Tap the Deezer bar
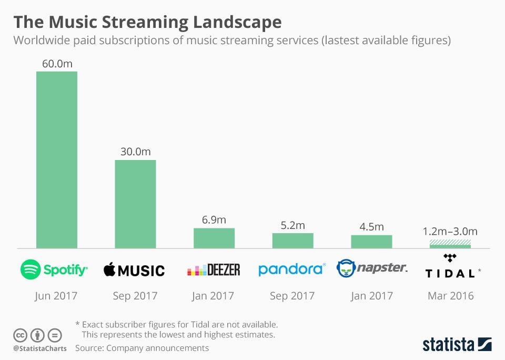[214, 238]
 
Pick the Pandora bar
[292, 241]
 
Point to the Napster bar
[371, 242]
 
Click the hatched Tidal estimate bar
[450, 243]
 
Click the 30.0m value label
[135, 152]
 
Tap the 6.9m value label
[214, 219]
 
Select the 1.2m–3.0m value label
[450, 231]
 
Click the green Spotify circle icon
[31, 269]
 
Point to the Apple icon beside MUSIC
[109, 269]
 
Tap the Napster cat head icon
[346, 268]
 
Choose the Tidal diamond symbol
[449, 258]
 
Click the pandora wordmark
[291, 269]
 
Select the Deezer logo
[214, 270]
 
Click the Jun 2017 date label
[56, 296]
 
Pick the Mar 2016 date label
[450, 296]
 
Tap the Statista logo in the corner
[457, 345]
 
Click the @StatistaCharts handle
[40, 348]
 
